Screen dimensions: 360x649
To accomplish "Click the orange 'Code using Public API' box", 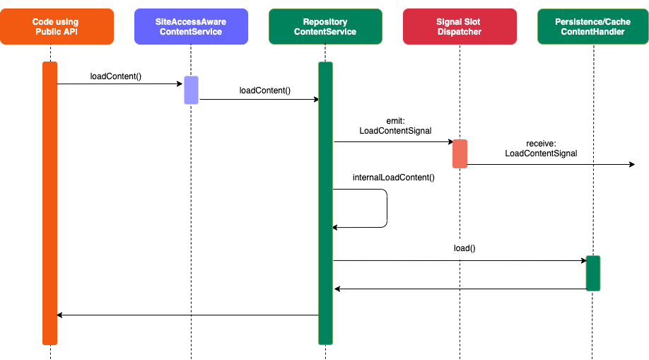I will tap(57, 27).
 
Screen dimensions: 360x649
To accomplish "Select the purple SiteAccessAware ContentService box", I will tap(191, 27).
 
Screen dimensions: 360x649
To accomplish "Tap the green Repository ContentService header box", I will tap(325, 27).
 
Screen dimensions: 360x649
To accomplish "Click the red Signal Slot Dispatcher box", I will tap(460, 27).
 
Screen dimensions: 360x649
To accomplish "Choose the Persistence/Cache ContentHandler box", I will tap(593, 27).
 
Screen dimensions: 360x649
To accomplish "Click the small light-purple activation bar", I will tap(191, 90).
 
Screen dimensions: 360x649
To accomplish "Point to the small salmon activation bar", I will tap(460, 153).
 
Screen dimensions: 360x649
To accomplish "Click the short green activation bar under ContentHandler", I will tap(592, 273).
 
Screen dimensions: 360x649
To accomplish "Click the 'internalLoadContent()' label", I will tap(393, 178).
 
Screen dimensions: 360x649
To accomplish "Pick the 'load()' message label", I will tap(464, 248).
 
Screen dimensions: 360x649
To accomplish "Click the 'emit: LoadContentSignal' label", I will tap(395, 126).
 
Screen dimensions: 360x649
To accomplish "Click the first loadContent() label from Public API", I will tap(116, 76).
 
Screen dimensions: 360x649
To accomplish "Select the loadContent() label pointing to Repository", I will tap(265, 91).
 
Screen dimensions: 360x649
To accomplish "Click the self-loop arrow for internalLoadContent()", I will tap(387, 208).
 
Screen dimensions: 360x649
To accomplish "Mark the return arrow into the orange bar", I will tap(187, 315).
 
